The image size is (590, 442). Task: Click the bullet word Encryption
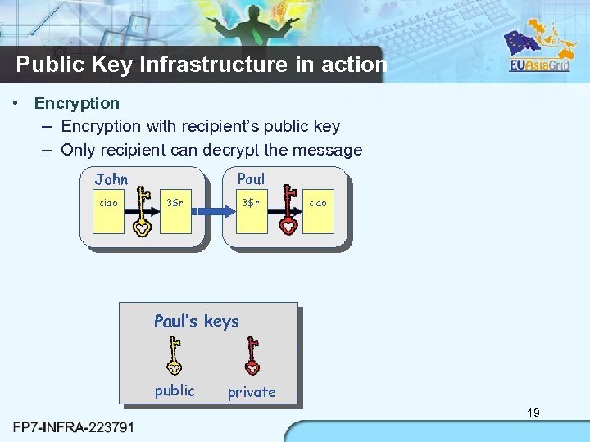tap(77, 103)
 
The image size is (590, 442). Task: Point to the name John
tap(111, 179)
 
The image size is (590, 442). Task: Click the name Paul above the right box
tap(251, 178)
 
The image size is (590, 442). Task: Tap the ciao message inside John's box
tap(108, 203)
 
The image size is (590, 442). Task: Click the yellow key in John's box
tap(143, 212)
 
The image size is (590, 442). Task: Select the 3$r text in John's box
tap(175, 202)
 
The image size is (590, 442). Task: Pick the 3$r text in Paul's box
tap(250, 202)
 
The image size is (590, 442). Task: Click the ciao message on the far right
tap(318, 203)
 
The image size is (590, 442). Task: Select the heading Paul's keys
tap(197, 321)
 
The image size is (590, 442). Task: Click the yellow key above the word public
tap(174, 356)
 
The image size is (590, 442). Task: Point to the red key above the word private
tap(252, 356)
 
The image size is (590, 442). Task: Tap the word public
tap(175, 390)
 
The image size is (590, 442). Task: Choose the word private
tap(252, 392)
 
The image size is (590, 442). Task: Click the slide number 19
tap(533, 413)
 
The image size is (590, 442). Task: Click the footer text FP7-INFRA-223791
tap(75, 426)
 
